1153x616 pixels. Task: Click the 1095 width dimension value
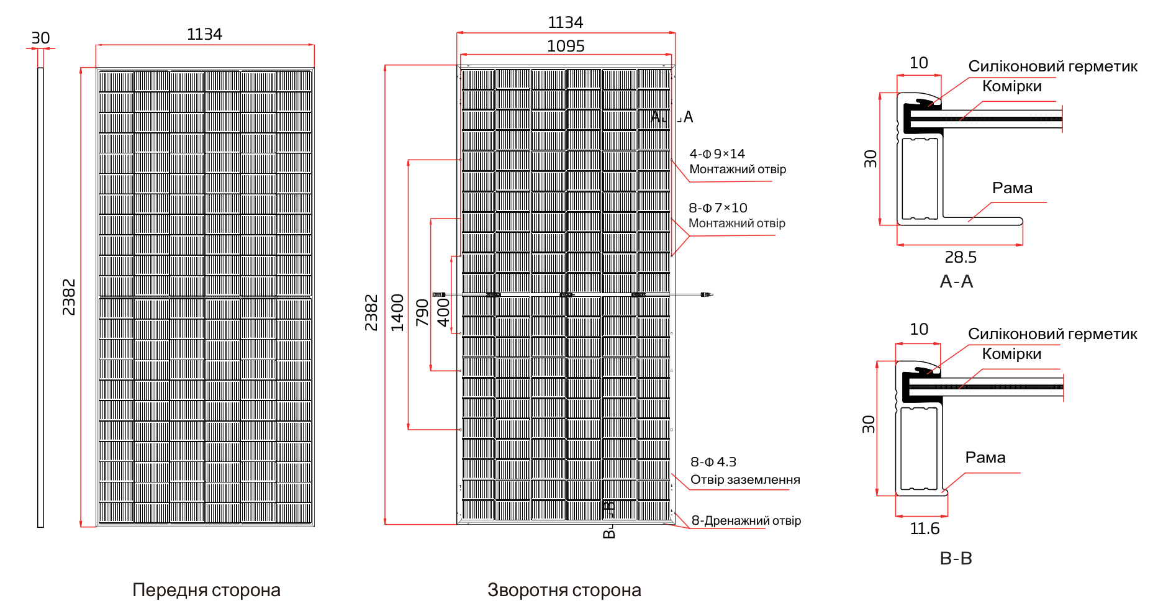point(566,47)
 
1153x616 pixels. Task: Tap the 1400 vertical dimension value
point(397,312)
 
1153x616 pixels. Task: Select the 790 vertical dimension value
point(422,312)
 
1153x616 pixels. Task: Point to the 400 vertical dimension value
point(443,312)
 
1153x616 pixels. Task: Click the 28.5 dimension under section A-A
point(961,257)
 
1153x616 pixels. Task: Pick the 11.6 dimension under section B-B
point(925,529)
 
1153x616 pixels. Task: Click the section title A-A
point(956,282)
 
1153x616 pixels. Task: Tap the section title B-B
point(956,558)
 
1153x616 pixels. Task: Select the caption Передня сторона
point(206,590)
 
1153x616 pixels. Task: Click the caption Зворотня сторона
point(564,590)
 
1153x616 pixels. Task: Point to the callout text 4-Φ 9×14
point(717,154)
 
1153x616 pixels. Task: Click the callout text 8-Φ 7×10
point(718,208)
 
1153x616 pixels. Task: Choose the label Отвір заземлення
point(745,480)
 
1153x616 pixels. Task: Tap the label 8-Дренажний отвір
point(746,520)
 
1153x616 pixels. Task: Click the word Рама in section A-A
point(1012,188)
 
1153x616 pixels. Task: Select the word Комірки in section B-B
point(1011,354)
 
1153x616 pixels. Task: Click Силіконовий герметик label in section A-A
point(1052,66)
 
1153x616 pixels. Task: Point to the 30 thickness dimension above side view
point(40,38)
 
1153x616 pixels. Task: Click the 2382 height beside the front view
point(69,297)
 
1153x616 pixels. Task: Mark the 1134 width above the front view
point(204,35)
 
